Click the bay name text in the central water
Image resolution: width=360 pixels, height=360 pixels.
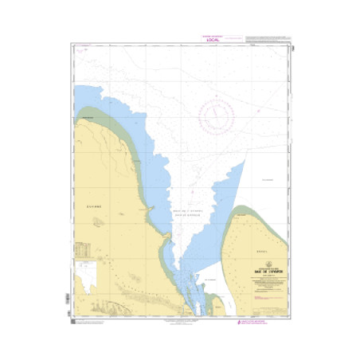pyautogui.click(x=187, y=212)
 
